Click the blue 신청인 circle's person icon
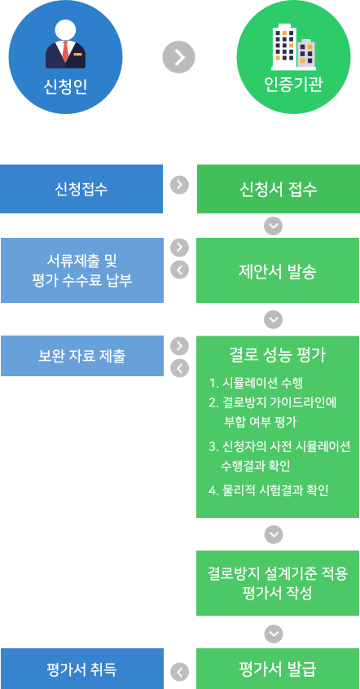click(65, 44)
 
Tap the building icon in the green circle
click(293, 47)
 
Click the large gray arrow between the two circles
click(178, 57)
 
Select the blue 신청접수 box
click(81, 189)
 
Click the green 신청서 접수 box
click(279, 189)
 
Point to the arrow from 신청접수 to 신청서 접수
click(179, 185)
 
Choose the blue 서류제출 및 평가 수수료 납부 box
click(82, 270)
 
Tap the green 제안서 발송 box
click(278, 270)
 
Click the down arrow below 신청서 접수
click(274, 226)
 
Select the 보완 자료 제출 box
click(82, 356)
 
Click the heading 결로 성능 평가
click(278, 355)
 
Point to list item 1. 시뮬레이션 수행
click(257, 384)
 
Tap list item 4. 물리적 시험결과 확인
click(269, 490)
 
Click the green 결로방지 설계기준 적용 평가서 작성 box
click(278, 583)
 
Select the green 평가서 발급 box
click(278, 669)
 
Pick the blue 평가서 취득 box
click(81, 669)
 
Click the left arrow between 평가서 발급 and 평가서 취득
click(179, 672)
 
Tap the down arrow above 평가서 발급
click(274, 634)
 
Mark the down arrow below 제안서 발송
click(274, 319)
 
